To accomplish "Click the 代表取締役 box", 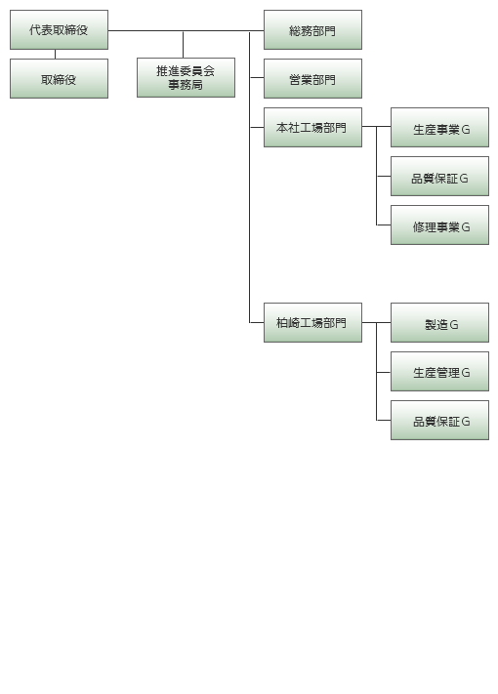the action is [x=59, y=29].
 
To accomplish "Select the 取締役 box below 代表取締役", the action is [x=59, y=78].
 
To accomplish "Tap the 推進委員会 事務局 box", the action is [x=186, y=77].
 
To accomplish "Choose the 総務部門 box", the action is [x=312, y=29].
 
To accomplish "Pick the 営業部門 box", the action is [x=312, y=78].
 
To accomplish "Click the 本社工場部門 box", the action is [x=312, y=127].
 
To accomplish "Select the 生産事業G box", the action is [x=439, y=127].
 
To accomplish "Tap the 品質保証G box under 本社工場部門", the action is [x=439, y=176].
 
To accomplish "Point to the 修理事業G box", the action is [x=439, y=225].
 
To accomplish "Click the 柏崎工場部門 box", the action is [x=312, y=323].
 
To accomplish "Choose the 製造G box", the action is [x=439, y=323].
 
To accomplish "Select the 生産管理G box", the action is [x=439, y=371].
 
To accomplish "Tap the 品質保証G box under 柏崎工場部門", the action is [x=439, y=420].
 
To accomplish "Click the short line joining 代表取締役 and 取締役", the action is [x=55, y=54].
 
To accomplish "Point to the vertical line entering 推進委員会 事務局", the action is [x=183, y=44].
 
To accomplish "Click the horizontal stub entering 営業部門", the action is [x=257, y=77].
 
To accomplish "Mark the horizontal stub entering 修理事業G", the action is [x=384, y=225].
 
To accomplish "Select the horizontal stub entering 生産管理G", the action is [x=384, y=372].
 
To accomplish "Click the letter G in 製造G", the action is [x=454, y=325].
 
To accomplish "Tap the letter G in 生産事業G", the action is [x=465, y=130].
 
